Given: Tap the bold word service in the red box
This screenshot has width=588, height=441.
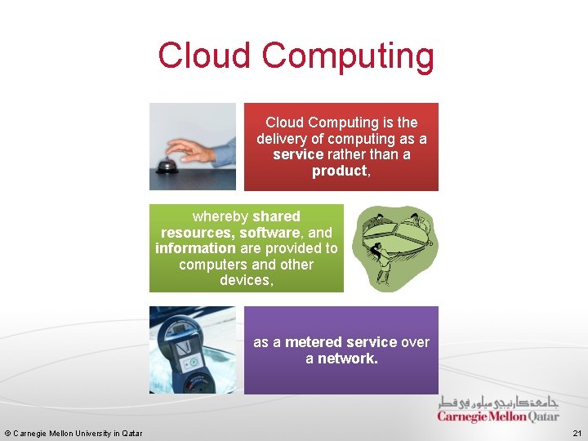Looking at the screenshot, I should pos(298,155).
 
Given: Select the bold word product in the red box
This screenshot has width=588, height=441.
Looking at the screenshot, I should pos(338,171).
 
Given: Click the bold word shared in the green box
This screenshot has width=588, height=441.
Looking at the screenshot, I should pos(276,216).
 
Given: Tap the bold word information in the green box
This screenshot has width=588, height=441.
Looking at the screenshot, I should pos(195,248).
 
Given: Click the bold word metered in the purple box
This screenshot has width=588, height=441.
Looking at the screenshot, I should pos(314,342).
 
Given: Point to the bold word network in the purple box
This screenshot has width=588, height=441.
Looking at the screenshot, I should pos(345,359).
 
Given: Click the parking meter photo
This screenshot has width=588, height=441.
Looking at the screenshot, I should pos(192,350).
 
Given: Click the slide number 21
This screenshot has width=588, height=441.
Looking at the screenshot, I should pos(577,433).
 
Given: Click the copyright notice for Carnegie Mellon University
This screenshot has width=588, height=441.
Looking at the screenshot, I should pos(73,433).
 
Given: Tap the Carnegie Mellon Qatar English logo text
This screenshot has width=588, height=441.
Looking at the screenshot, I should pos(497,416).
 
